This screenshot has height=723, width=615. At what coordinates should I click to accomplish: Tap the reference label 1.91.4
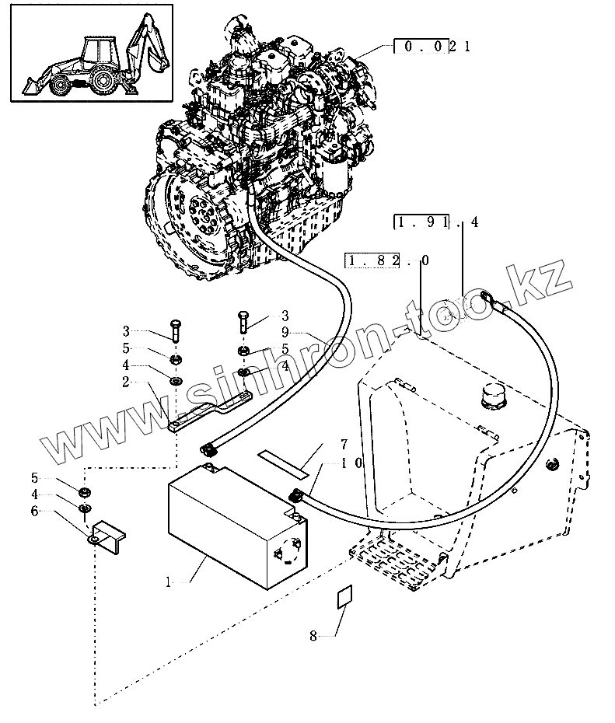pos(435,223)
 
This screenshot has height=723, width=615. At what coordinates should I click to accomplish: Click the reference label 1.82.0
pos(384,262)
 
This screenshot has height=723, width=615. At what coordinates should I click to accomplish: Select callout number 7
pos(343,445)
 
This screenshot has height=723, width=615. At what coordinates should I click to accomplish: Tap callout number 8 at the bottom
pos(314,636)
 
